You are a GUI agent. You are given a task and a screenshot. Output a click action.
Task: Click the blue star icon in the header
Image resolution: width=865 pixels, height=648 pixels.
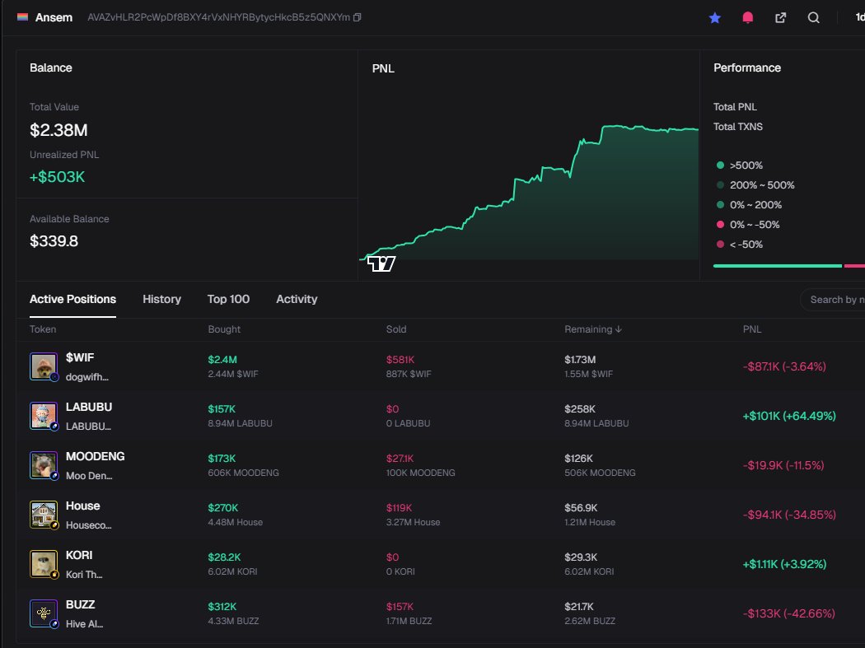click(x=715, y=17)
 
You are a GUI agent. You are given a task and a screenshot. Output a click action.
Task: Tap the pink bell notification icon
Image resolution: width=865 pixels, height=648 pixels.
click(x=748, y=17)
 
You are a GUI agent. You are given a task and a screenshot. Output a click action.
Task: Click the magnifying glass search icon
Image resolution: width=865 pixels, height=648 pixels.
click(x=813, y=17)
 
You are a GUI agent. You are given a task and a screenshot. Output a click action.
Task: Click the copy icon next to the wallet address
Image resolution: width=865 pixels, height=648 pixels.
click(x=357, y=17)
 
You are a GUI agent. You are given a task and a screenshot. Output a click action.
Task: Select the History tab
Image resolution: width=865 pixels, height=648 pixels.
click(x=161, y=299)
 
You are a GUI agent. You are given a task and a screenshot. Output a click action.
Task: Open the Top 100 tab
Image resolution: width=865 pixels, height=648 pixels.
click(x=228, y=299)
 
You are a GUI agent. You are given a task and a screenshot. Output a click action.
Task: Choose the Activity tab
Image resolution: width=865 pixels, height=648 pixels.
click(x=297, y=299)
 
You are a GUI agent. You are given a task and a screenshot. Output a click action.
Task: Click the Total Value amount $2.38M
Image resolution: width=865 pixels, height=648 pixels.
click(x=58, y=130)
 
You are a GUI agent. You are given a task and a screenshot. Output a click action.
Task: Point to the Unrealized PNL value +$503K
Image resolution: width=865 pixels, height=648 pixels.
click(x=58, y=177)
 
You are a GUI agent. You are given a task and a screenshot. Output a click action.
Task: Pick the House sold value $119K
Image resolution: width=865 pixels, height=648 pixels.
click(x=400, y=507)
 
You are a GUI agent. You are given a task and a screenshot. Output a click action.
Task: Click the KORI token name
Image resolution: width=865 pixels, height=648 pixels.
click(x=79, y=555)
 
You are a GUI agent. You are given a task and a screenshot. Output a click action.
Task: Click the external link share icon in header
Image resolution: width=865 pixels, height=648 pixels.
click(x=780, y=17)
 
